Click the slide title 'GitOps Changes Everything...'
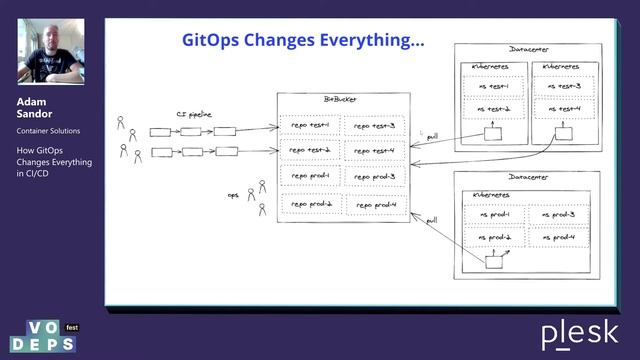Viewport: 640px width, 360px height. tap(302, 41)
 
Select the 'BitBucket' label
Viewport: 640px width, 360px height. tap(341, 100)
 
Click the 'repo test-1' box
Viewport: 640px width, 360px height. tap(310, 125)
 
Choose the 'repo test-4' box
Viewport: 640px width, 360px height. tap(374, 151)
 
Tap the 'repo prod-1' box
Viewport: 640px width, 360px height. tap(310, 177)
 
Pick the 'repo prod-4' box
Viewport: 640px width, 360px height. tap(374, 205)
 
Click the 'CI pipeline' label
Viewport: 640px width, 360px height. tap(195, 115)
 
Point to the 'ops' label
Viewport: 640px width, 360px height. tap(233, 195)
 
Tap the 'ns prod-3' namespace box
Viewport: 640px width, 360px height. tap(561, 215)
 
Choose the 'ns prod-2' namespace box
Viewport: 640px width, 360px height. tap(494, 238)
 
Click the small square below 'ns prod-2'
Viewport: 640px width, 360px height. tap(493, 262)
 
